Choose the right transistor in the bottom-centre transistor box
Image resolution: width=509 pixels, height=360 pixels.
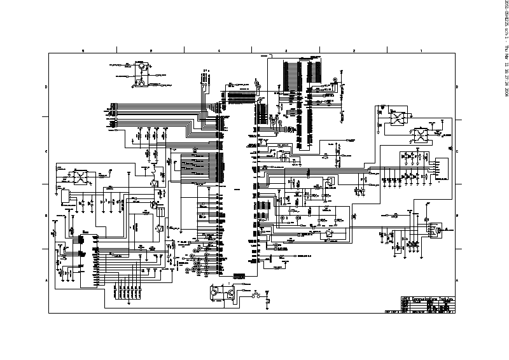pos(228,293)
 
